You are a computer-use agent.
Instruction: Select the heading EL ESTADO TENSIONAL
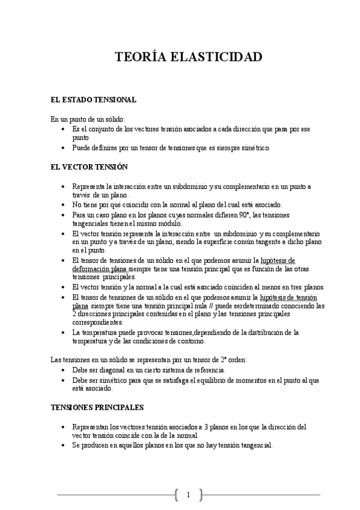click(x=93, y=99)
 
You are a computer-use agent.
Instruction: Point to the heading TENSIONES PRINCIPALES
click(x=97, y=407)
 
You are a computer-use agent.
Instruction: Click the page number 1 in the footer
click(x=188, y=495)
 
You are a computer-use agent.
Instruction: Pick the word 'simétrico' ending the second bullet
click(x=255, y=147)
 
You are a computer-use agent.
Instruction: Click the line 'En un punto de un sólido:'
click(x=88, y=120)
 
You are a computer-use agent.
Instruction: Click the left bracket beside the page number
click(x=177, y=495)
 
